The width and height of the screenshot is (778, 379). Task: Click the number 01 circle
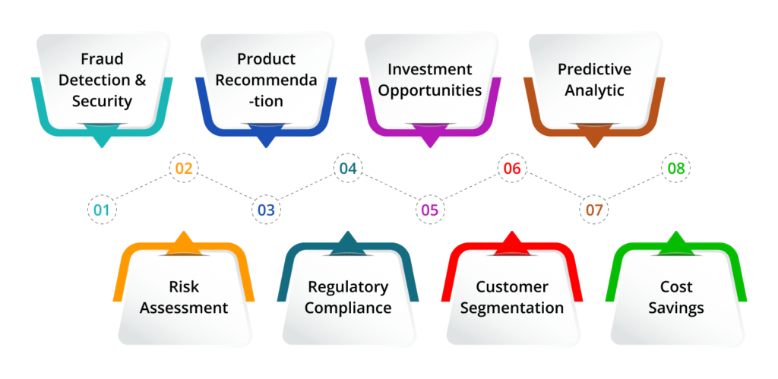102,210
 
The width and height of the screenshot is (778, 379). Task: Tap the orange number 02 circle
184,169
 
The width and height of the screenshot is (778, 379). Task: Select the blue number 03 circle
266,210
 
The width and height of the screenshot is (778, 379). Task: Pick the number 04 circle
348,169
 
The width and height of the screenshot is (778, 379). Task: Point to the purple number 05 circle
430,210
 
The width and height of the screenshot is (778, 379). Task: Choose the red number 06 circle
512,169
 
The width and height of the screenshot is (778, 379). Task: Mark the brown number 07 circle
594,210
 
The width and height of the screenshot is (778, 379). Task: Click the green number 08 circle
676,169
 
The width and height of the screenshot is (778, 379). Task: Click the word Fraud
102,58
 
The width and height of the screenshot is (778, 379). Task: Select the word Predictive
594,69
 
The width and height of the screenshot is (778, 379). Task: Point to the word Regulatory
348,287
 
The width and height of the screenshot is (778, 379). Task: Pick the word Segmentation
512,308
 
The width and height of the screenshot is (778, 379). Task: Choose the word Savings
676,308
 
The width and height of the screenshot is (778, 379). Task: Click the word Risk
183,287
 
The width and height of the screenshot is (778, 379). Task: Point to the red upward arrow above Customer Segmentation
512,242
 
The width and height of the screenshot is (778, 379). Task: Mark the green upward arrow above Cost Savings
676,242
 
